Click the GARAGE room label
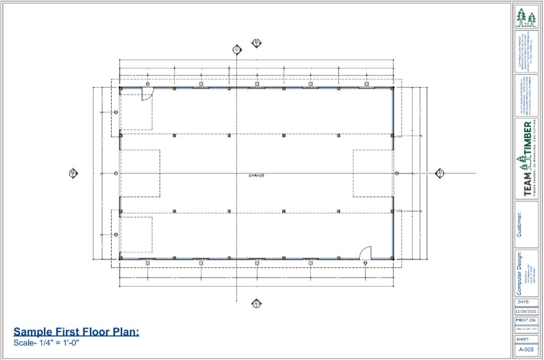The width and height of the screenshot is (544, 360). tap(257, 175)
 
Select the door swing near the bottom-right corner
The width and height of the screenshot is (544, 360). tap(365, 252)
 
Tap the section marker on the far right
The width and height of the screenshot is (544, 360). tap(439, 173)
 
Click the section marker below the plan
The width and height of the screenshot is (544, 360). tap(256, 303)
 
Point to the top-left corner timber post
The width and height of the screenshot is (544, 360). tap(121, 88)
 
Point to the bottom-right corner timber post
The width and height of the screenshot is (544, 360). tap(392, 259)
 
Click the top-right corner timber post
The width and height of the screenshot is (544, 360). tap(392, 88)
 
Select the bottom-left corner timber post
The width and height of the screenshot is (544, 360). tap(121, 259)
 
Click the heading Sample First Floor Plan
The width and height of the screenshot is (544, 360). tap(76, 332)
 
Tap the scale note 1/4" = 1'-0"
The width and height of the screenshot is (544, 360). tap(46, 343)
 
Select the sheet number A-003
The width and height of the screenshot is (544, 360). tap(526, 349)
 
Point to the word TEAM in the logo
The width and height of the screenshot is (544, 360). tap(527, 184)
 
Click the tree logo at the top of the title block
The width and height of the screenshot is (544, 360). tap(526, 18)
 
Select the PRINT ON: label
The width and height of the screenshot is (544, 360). tap(526, 320)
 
